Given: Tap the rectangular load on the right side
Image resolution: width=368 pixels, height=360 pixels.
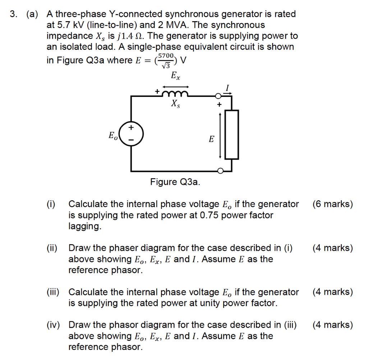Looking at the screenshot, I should pos(231,134).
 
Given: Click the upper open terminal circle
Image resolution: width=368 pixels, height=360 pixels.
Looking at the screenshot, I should pos(218,96).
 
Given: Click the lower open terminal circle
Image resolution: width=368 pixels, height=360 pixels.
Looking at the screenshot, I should pos(220,171).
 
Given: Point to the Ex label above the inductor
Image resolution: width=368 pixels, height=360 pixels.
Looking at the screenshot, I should pos(175,76).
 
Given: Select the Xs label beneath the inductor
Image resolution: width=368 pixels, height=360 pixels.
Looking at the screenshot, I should pos(175,104).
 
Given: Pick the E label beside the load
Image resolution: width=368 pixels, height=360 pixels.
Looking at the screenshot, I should pos(211,139).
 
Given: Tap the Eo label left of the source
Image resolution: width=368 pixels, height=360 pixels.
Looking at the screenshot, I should pos(112,136).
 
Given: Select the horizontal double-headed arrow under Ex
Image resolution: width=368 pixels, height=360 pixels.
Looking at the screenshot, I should pos(176,87).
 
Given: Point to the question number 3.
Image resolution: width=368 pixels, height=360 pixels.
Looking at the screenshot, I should pos(13,14).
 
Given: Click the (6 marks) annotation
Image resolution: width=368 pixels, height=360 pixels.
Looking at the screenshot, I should pos(332,204).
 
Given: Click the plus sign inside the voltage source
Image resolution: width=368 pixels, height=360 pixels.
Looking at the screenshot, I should pos(131,127).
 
